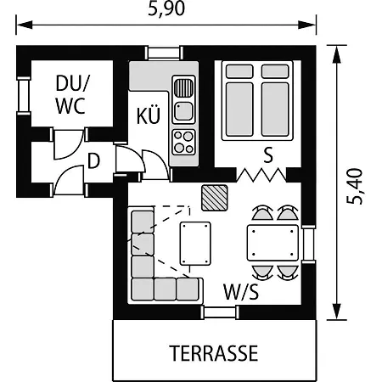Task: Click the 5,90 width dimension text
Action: click(x=166, y=8)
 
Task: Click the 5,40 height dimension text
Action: click(x=354, y=187)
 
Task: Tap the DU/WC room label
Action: click(x=72, y=95)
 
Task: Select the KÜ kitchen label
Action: click(x=149, y=115)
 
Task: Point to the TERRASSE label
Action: click(x=214, y=353)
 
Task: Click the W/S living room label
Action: click(x=241, y=292)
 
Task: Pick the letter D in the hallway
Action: click(x=94, y=160)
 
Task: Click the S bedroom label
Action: click(x=268, y=155)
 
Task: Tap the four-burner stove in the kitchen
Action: click(x=184, y=143)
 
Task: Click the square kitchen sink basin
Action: click(x=184, y=111)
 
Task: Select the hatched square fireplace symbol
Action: click(x=215, y=198)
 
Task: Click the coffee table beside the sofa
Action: click(x=195, y=244)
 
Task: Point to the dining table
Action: click(x=272, y=243)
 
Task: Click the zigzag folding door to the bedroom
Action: click(x=261, y=175)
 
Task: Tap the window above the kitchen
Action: click(x=164, y=53)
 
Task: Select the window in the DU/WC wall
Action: click(x=24, y=96)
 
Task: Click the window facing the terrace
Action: click(x=220, y=312)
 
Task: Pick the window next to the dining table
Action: click(x=308, y=244)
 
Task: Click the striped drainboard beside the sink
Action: click(x=184, y=87)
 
